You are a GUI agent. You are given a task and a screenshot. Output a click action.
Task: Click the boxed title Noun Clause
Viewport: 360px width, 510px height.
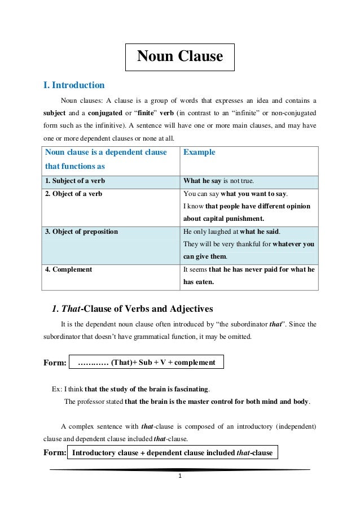pos(180,56)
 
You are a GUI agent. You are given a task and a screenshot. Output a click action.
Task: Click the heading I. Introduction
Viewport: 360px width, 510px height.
pos(74,85)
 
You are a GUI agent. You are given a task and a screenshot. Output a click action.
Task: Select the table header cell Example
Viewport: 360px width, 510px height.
pos(199,152)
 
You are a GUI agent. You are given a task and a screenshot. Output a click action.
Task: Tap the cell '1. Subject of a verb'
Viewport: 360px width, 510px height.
pos(75,181)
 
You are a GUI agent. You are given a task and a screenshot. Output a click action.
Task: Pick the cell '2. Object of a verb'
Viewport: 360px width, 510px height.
pos(74,194)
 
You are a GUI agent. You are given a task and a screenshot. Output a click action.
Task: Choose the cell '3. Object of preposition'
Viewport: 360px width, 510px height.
pos(82,232)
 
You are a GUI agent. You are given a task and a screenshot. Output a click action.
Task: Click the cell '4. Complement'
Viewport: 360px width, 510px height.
pos(68,269)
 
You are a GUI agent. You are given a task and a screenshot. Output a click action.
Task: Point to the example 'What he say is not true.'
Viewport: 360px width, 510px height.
pos(219,181)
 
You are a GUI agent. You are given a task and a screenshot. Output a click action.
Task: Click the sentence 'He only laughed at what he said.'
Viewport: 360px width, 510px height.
pos(232,232)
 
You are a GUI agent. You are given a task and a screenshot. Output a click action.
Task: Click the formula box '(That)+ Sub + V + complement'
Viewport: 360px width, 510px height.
pos(146,362)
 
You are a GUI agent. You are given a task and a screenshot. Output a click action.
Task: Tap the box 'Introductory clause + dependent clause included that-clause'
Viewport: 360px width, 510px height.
pos(173,452)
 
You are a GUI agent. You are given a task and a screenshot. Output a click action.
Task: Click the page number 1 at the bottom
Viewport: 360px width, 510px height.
pos(179,476)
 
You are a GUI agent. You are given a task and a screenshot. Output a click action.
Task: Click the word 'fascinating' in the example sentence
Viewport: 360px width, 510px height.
pos(190,389)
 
